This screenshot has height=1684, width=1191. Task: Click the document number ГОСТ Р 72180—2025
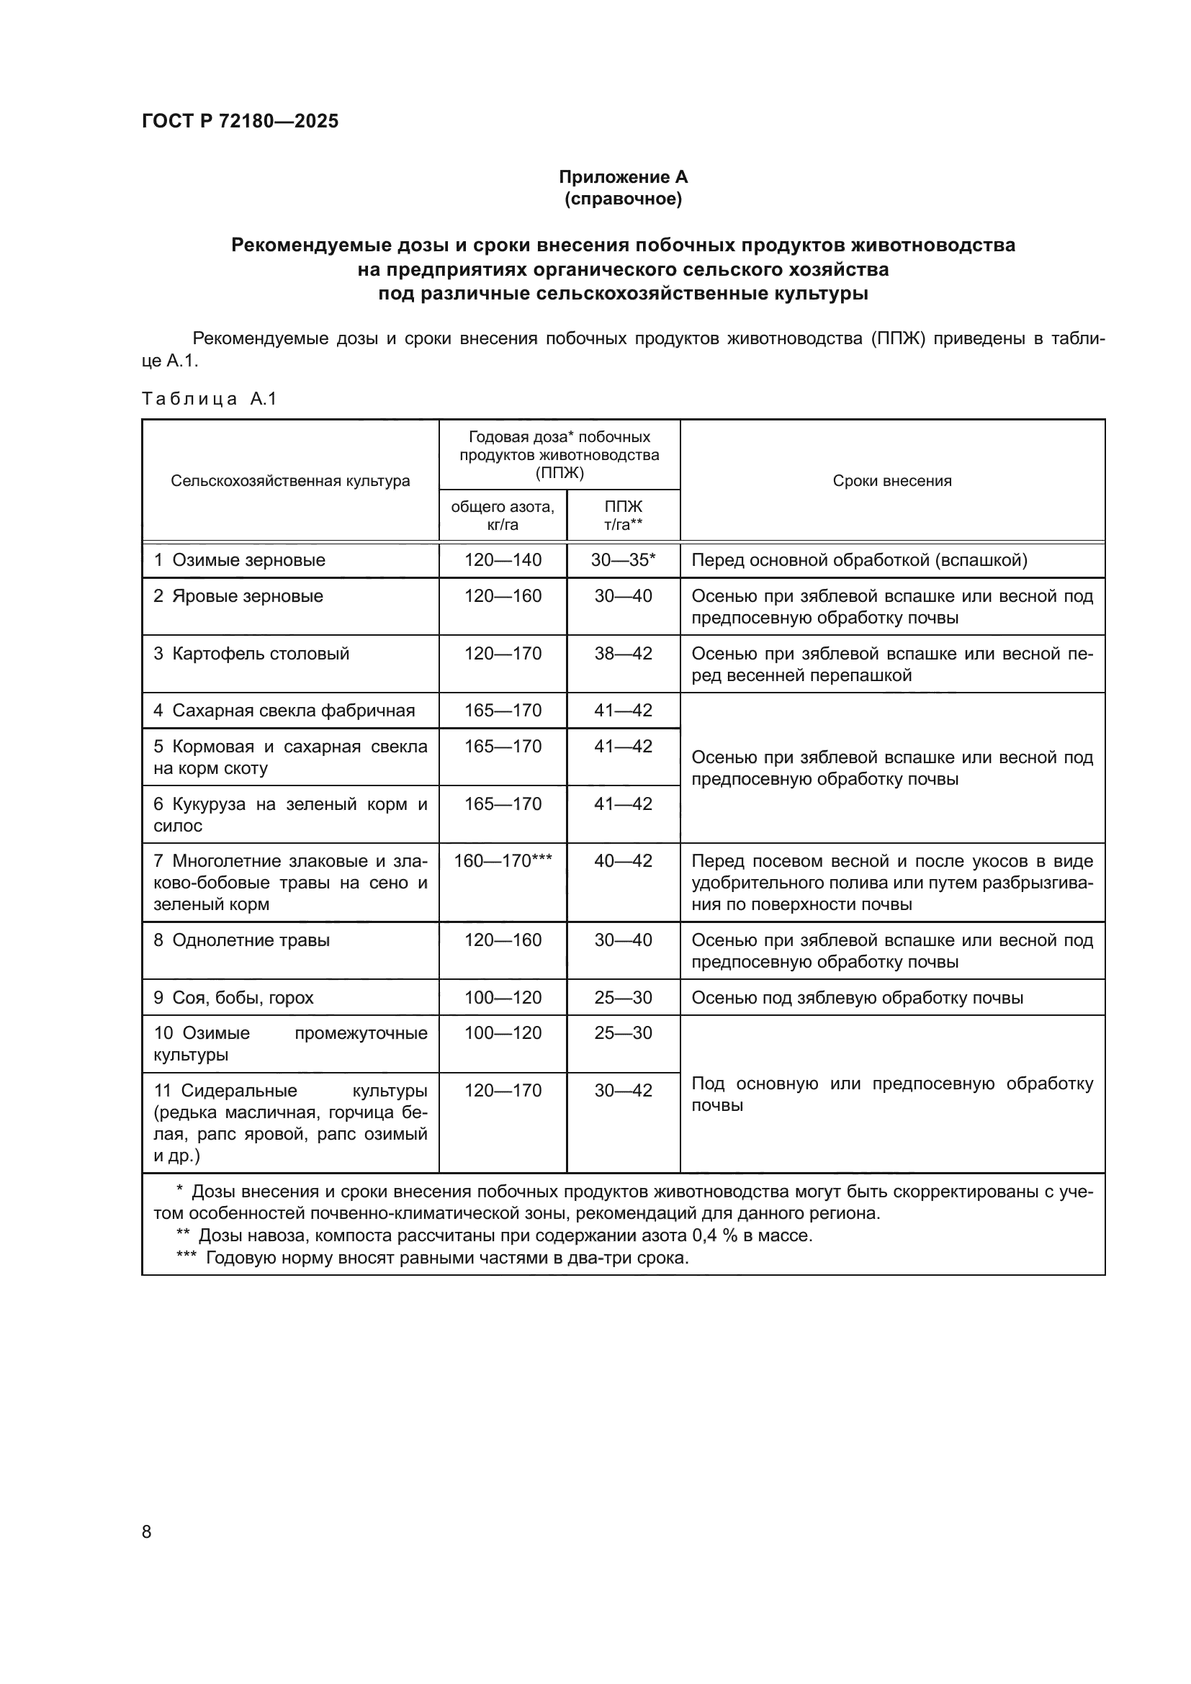(x=240, y=121)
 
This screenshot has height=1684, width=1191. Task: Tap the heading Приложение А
(x=623, y=177)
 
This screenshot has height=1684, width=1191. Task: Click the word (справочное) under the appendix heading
(x=623, y=199)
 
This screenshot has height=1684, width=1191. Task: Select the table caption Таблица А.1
(x=209, y=398)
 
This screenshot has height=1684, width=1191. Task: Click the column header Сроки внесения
(x=891, y=481)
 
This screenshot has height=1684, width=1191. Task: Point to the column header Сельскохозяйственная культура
(x=290, y=481)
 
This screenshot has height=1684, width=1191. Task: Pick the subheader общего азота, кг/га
(x=503, y=515)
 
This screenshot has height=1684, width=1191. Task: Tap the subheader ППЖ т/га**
(x=623, y=515)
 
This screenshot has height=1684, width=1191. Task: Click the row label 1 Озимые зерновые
(x=240, y=560)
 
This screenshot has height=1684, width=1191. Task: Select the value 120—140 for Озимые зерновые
(x=503, y=560)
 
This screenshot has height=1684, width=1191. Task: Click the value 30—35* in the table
(x=623, y=560)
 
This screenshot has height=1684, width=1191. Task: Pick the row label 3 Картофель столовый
(x=251, y=654)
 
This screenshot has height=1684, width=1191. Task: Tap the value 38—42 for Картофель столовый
(x=623, y=654)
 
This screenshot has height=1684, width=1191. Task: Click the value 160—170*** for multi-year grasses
(x=503, y=861)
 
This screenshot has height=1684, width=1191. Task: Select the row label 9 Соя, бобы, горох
(x=234, y=997)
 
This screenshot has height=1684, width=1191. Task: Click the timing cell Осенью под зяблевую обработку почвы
(x=857, y=997)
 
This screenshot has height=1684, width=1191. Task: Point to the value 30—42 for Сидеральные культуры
(x=623, y=1091)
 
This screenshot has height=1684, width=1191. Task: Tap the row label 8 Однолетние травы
(x=242, y=940)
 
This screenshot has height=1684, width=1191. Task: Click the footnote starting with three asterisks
(x=433, y=1258)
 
